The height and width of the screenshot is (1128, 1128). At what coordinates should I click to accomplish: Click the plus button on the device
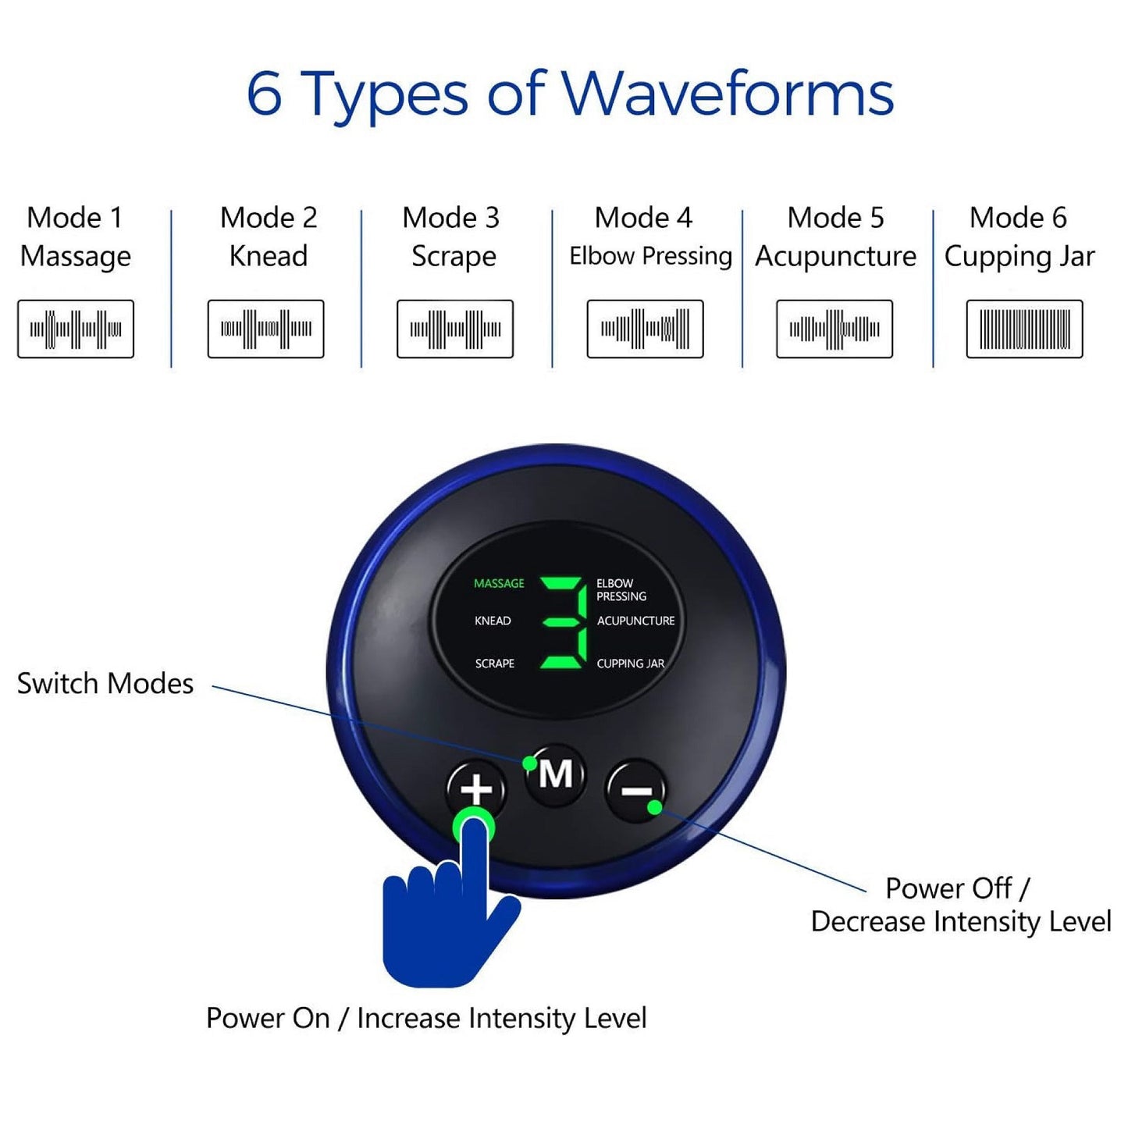pos(476,789)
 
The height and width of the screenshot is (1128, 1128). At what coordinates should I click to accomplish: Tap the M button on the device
pos(555,774)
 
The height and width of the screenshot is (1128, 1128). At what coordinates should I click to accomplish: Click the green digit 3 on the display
pos(564,622)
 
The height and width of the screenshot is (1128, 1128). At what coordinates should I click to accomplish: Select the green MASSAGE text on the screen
pos(499,584)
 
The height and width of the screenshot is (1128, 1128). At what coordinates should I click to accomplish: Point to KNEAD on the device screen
pos(493,621)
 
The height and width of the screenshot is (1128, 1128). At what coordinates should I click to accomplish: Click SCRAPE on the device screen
pos(495,664)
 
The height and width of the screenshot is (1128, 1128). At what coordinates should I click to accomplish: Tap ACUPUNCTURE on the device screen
pos(635,621)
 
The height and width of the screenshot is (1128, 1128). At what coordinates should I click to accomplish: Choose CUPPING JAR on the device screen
pos(631,664)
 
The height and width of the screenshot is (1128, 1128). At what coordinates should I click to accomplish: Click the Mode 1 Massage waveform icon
pos(76,329)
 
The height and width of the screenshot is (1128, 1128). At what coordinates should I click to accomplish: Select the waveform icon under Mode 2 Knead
pos(265,329)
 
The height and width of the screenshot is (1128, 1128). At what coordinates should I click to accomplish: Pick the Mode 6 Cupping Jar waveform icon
pos(1024,329)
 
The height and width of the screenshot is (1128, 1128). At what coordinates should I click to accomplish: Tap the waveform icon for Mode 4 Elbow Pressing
pos(645,329)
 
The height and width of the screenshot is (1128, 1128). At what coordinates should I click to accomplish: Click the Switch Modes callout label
pos(105,683)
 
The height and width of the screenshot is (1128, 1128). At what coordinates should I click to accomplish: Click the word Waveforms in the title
pos(728,94)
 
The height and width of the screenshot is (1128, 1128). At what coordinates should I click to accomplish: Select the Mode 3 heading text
pos(450,218)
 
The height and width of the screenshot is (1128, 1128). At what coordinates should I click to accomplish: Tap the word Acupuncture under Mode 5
pos(835,256)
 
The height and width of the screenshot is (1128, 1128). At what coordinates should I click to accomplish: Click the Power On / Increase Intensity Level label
pos(426,1018)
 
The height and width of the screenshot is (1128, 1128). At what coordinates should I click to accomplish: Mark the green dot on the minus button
pos(655,808)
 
